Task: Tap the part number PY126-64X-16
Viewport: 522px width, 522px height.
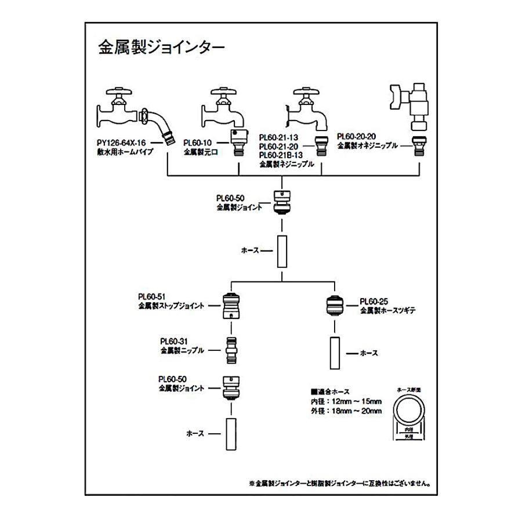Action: tap(121, 142)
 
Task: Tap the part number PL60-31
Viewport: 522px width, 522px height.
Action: tap(174, 342)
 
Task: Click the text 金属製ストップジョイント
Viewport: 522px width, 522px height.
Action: tap(171, 305)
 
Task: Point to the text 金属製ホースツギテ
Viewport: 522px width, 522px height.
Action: tap(388, 310)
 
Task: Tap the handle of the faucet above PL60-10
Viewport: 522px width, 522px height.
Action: tap(219, 91)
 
